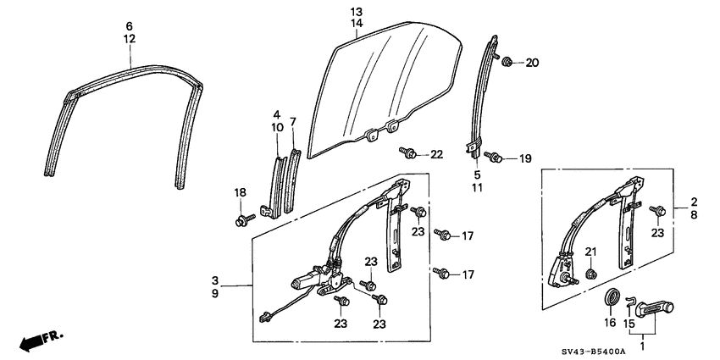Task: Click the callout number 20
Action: click(x=532, y=63)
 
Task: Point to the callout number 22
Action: click(x=436, y=153)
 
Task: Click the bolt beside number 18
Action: click(x=242, y=220)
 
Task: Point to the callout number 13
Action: click(x=356, y=11)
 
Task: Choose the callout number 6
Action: click(x=130, y=26)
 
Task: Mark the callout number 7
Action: click(x=293, y=121)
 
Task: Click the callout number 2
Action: click(x=693, y=202)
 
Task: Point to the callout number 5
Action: click(x=477, y=174)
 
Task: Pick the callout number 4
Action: click(x=276, y=114)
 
